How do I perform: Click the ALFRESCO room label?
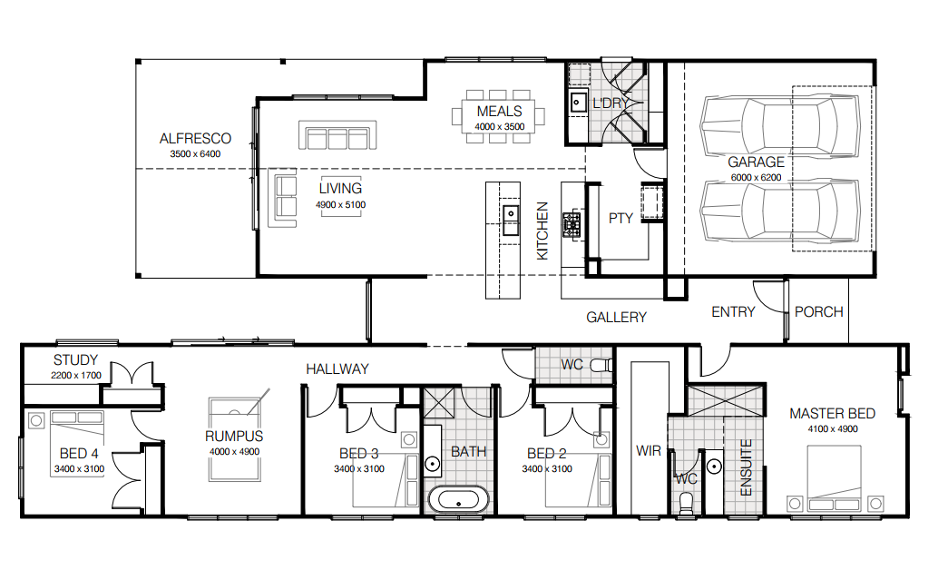(x=195, y=139)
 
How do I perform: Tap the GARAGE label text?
(x=756, y=162)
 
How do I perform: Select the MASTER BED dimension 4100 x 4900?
(x=833, y=429)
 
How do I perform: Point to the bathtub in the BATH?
(x=458, y=501)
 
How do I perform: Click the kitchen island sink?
(x=511, y=213)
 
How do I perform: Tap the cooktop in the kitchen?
(x=572, y=224)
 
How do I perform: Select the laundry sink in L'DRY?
(x=578, y=102)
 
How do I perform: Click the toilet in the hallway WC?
(x=601, y=366)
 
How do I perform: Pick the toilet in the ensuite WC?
(x=686, y=504)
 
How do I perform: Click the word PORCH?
(x=818, y=311)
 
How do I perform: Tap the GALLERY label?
(x=616, y=317)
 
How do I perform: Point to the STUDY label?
(x=75, y=360)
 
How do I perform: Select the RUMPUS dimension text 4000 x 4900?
(x=235, y=451)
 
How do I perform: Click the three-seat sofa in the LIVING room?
(x=337, y=135)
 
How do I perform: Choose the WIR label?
(x=648, y=451)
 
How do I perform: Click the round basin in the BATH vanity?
(x=433, y=464)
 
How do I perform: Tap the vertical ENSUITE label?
(x=746, y=467)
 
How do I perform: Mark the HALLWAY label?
(x=337, y=369)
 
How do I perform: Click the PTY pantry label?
(x=621, y=219)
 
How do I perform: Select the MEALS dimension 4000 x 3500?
(x=499, y=126)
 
